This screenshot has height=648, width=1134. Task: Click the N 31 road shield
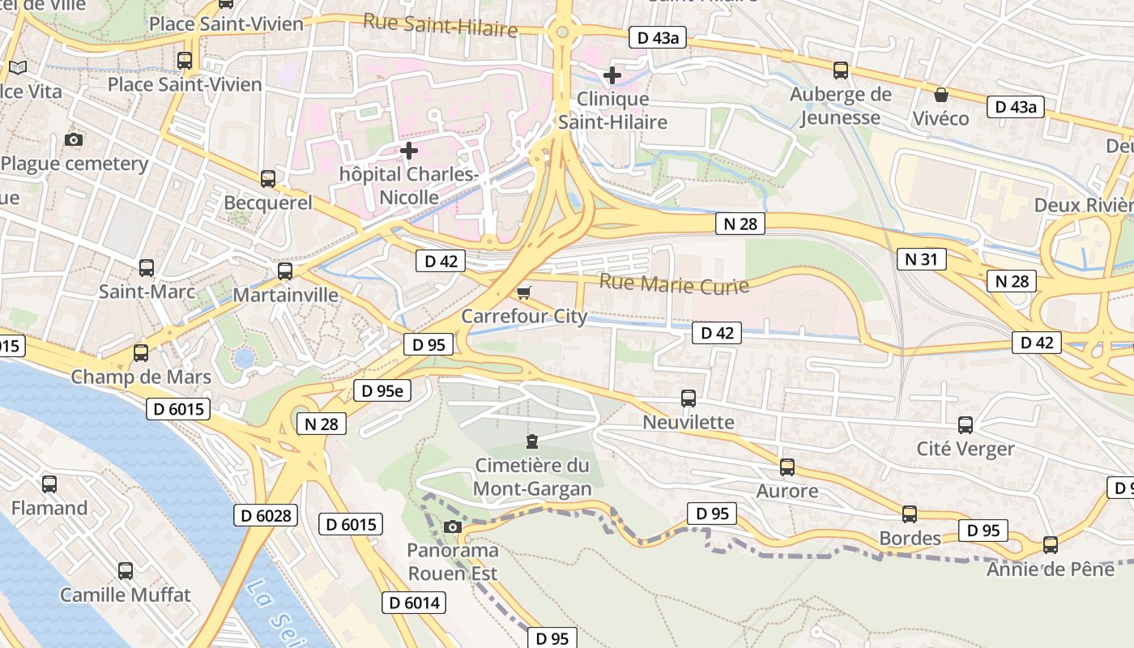[921, 259]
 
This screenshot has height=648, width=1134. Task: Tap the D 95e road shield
[382, 390]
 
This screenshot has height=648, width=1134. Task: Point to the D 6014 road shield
[414, 603]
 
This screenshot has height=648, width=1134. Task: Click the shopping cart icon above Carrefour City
[524, 292]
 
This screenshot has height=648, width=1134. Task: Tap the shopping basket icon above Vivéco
[940, 95]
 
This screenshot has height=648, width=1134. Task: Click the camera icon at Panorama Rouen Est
[453, 527]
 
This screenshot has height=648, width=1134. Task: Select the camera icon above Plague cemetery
[74, 139]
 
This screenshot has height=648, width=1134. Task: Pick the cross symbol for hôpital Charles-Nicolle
[409, 150]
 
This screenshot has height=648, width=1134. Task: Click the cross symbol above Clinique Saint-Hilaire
[612, 75]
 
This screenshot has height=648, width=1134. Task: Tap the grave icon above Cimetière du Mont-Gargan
[531, 441]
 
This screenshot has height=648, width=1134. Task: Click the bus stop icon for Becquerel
[267, 179]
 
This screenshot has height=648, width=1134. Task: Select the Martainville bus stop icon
[285, 271]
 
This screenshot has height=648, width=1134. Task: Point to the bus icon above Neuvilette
[688, 399]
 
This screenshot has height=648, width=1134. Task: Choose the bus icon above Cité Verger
[966, 425]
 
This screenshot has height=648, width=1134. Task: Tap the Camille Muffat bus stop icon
[126, 571]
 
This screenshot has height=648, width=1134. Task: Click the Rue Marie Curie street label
[674, 284]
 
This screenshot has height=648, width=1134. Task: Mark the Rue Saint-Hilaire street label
[440, 25]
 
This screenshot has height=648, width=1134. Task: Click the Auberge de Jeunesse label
[840, 106]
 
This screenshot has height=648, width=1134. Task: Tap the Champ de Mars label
[141, 377]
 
